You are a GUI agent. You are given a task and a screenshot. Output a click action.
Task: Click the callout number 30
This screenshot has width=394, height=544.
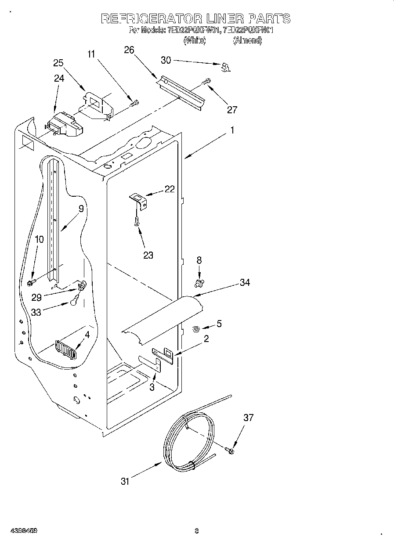click(x=166, y=60)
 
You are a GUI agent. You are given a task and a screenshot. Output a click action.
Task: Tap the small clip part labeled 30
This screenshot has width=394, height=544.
click(x=226, y=67)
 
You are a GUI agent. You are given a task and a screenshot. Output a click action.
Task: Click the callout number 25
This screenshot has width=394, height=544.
click(x=58, y=63)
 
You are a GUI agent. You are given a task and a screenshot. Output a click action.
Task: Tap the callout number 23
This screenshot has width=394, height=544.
click(x=148, y=255)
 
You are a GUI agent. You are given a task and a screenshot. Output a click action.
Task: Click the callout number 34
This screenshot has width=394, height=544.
click(x=245, y=282)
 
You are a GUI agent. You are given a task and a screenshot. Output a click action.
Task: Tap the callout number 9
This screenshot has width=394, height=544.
click(x=81, y=209)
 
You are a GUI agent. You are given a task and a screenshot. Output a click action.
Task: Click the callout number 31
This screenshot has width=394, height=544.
click(x=125, y=482)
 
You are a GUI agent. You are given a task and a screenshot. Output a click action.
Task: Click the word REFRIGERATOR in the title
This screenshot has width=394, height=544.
click(x=151, y=19)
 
